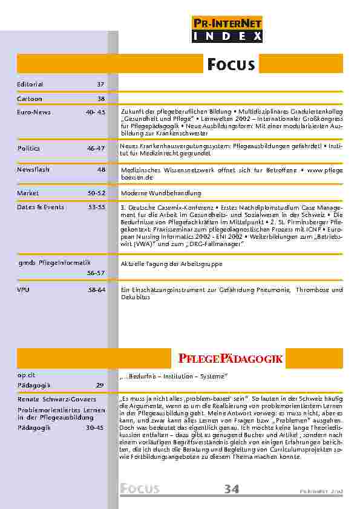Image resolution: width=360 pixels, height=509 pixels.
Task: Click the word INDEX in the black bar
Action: coord(227,37)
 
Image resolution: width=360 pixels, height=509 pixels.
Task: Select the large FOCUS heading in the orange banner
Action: coord(231,65)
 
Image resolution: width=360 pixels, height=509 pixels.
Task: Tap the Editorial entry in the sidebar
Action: coord(30,84)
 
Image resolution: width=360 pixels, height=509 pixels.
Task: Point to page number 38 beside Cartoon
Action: coord(100,98)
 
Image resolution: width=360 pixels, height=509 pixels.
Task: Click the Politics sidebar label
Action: coord(27,147)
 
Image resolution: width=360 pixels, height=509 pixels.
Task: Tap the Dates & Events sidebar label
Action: coord(40,207)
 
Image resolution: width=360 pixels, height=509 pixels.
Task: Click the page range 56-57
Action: coord(96,273)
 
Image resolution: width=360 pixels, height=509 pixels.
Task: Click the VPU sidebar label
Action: coord(23,290)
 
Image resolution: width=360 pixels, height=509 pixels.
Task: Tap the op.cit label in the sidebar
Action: coord(26,375)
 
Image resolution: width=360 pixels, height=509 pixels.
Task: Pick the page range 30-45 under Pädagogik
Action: coord(96,427)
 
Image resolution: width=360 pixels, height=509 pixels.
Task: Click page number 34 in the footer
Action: coord(232,489)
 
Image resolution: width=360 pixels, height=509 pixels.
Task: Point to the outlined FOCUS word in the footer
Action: coord(140,489)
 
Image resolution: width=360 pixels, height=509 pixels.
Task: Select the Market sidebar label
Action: coord(27,193)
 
